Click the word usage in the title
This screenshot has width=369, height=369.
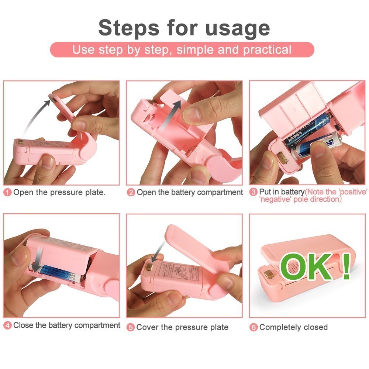click(237, 28)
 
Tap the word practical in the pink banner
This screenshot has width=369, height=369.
click(266, 49)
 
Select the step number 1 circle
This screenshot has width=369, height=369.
click(8, 192)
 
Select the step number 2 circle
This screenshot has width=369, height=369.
click(131, 192)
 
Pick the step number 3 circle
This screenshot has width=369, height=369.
click(254, 192)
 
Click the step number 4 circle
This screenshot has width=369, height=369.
click(8, 325)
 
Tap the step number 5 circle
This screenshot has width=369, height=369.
click(131, 327)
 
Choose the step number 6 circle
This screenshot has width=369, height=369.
click(254, 327)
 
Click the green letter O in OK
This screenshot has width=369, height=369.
click(294, 267)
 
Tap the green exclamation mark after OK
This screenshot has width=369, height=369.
click(346, 266)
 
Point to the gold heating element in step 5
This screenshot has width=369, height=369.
click(148, 266)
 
